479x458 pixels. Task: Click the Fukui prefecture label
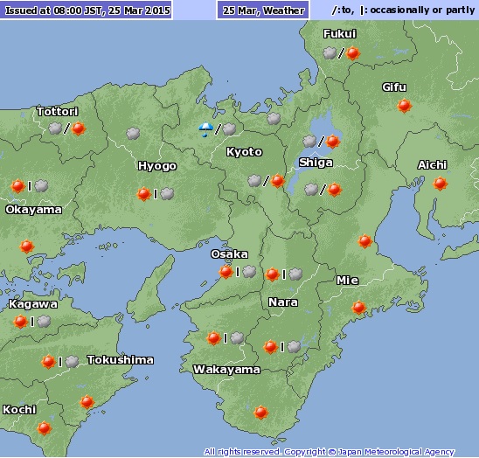(339, 33)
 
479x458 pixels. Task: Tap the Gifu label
(394, 87)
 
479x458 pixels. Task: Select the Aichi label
(432, 165)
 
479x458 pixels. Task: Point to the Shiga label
(315, 163)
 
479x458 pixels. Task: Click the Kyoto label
(244, 152)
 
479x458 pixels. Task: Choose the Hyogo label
(156, 166)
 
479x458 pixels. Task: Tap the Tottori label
(58, 112)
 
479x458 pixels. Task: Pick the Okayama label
(33, 210)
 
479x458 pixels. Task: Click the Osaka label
(229, 253)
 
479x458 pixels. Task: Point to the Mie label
(347, 281)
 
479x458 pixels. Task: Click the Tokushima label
(121, 360)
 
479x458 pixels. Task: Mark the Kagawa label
(32, 304)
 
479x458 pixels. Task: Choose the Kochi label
(19, 409)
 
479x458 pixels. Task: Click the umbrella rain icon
(205, 130)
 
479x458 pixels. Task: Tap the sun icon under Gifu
(404, 106)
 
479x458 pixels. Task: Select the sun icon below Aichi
(440, 184)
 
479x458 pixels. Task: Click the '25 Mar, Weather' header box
(263, 10)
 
